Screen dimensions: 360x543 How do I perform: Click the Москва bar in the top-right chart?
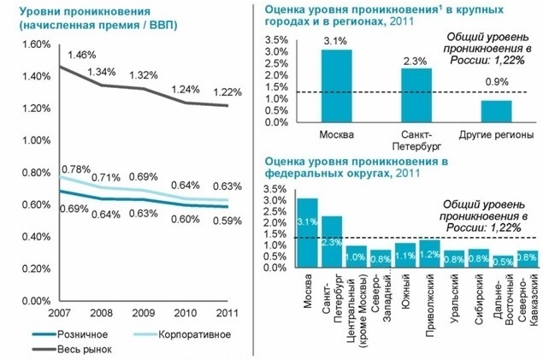(x=336, y=86)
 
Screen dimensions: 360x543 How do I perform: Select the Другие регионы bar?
(x=495, y=112)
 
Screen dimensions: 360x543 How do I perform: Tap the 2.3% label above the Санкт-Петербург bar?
(x=416, y=61)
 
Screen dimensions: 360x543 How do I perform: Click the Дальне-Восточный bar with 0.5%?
(x=504, y=262)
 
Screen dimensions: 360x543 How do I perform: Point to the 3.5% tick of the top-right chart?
(x=277, y=40)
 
